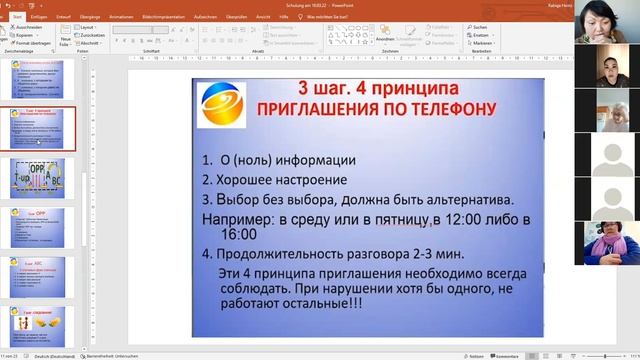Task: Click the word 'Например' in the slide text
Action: pyautogui.click(x=238, y=217)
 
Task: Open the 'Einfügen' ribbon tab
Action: pyautogui.click(x=39, y=17)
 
